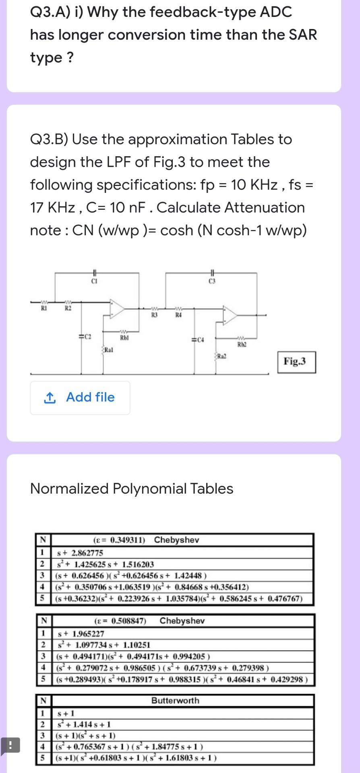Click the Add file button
(80, 397)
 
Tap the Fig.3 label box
(296, 362)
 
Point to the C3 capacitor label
(212, 281)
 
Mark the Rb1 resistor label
(124, 337)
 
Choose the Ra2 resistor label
(222, 356)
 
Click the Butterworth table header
(175, 701)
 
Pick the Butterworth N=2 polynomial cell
(84, 724)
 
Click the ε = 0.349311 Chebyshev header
(146, 540)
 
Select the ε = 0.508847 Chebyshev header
(149, 620)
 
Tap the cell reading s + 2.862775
(80, 553)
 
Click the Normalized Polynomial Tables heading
(132, 488)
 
